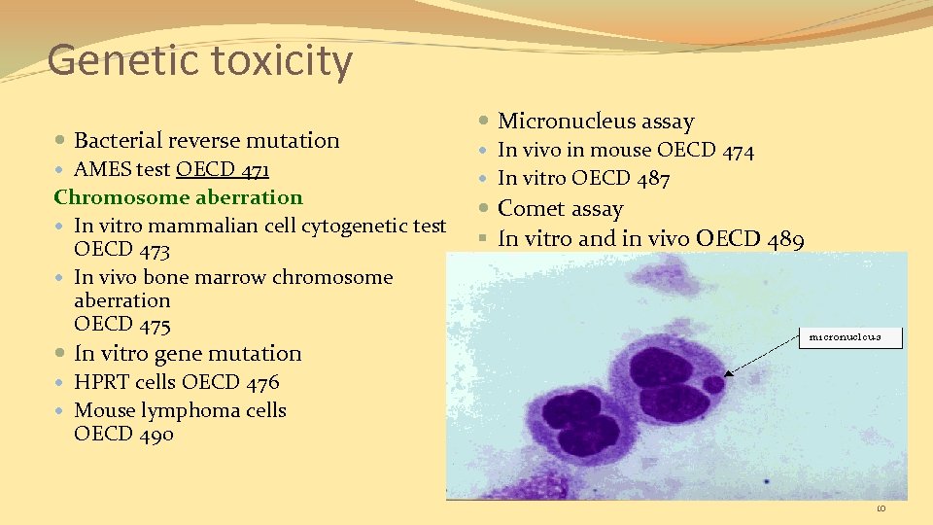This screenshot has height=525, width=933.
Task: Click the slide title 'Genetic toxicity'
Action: tap(199, 60)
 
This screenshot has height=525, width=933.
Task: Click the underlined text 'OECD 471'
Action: tap(223, 169)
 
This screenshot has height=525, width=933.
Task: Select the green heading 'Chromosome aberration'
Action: tap(178, 197)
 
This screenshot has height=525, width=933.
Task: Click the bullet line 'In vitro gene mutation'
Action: tap(188, 353)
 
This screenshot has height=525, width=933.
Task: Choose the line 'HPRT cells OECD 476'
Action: tap(176, 382)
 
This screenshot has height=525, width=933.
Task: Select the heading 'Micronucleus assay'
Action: tap(596, 122)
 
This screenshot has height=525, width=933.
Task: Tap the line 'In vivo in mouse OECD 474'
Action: tap(625, 150)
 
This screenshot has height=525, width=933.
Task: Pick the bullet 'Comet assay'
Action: tap(560, 208)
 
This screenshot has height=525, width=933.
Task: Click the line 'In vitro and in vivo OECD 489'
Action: tap(650, 238)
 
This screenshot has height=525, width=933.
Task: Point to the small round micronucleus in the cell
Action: tap(714, 384)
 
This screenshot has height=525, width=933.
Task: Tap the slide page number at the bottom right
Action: tap(881, 508)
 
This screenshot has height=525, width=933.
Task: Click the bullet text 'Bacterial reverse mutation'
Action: tap(206, 140)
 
